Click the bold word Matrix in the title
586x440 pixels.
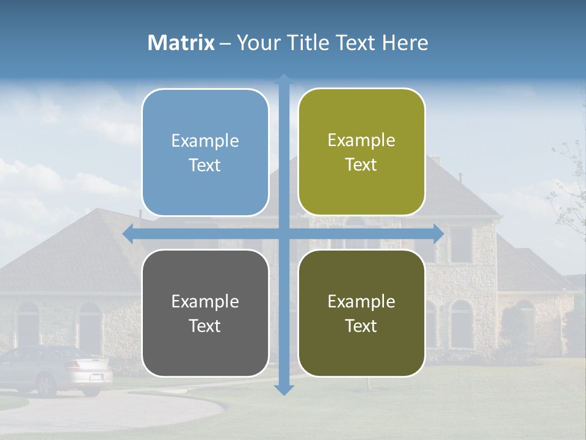181,43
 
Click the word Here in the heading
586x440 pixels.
405,43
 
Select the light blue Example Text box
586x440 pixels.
205,152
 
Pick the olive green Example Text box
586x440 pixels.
361,152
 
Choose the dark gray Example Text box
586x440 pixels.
205,313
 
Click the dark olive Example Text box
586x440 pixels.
361,313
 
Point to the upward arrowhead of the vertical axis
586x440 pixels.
284,79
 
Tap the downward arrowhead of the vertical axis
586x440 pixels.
284,389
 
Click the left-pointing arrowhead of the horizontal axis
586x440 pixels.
129,233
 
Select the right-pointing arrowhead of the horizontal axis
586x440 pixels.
438,233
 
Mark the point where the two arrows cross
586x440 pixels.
284,233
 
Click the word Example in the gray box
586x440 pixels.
205,301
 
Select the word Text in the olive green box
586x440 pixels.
361,165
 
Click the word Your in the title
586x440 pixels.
256,43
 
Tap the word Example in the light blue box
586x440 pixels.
205,141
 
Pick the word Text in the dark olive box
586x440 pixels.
361,326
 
